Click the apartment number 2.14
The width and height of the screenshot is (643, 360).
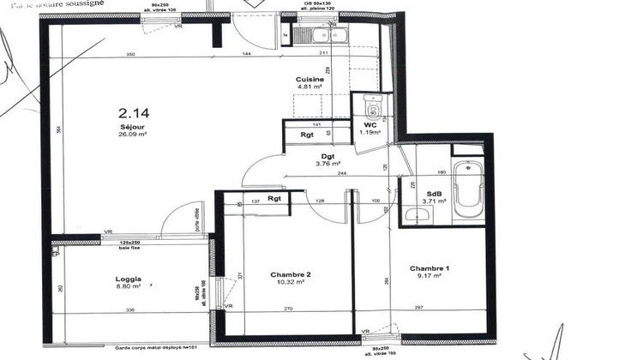point(134,112)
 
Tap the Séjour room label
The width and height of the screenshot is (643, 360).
point(133,126)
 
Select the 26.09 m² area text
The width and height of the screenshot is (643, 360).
point(133,135)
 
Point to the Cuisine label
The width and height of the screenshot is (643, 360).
point(309,79)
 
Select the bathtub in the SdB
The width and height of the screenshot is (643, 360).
point(468,189)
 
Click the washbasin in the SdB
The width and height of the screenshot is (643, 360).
point(418,213)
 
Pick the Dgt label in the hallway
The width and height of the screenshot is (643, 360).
point(328,156)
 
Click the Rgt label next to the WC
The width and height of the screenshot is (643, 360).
point(306,135)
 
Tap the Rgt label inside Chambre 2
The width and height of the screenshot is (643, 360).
point(274,200)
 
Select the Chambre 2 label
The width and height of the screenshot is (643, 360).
point(290,274)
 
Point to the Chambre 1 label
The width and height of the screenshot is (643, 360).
point(429,267)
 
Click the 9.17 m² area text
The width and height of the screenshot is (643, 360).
point(429,276)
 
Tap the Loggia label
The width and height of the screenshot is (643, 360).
point(129,279)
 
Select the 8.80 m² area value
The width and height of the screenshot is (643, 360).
point(129,287)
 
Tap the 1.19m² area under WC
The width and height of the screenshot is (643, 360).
point(370,133)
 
